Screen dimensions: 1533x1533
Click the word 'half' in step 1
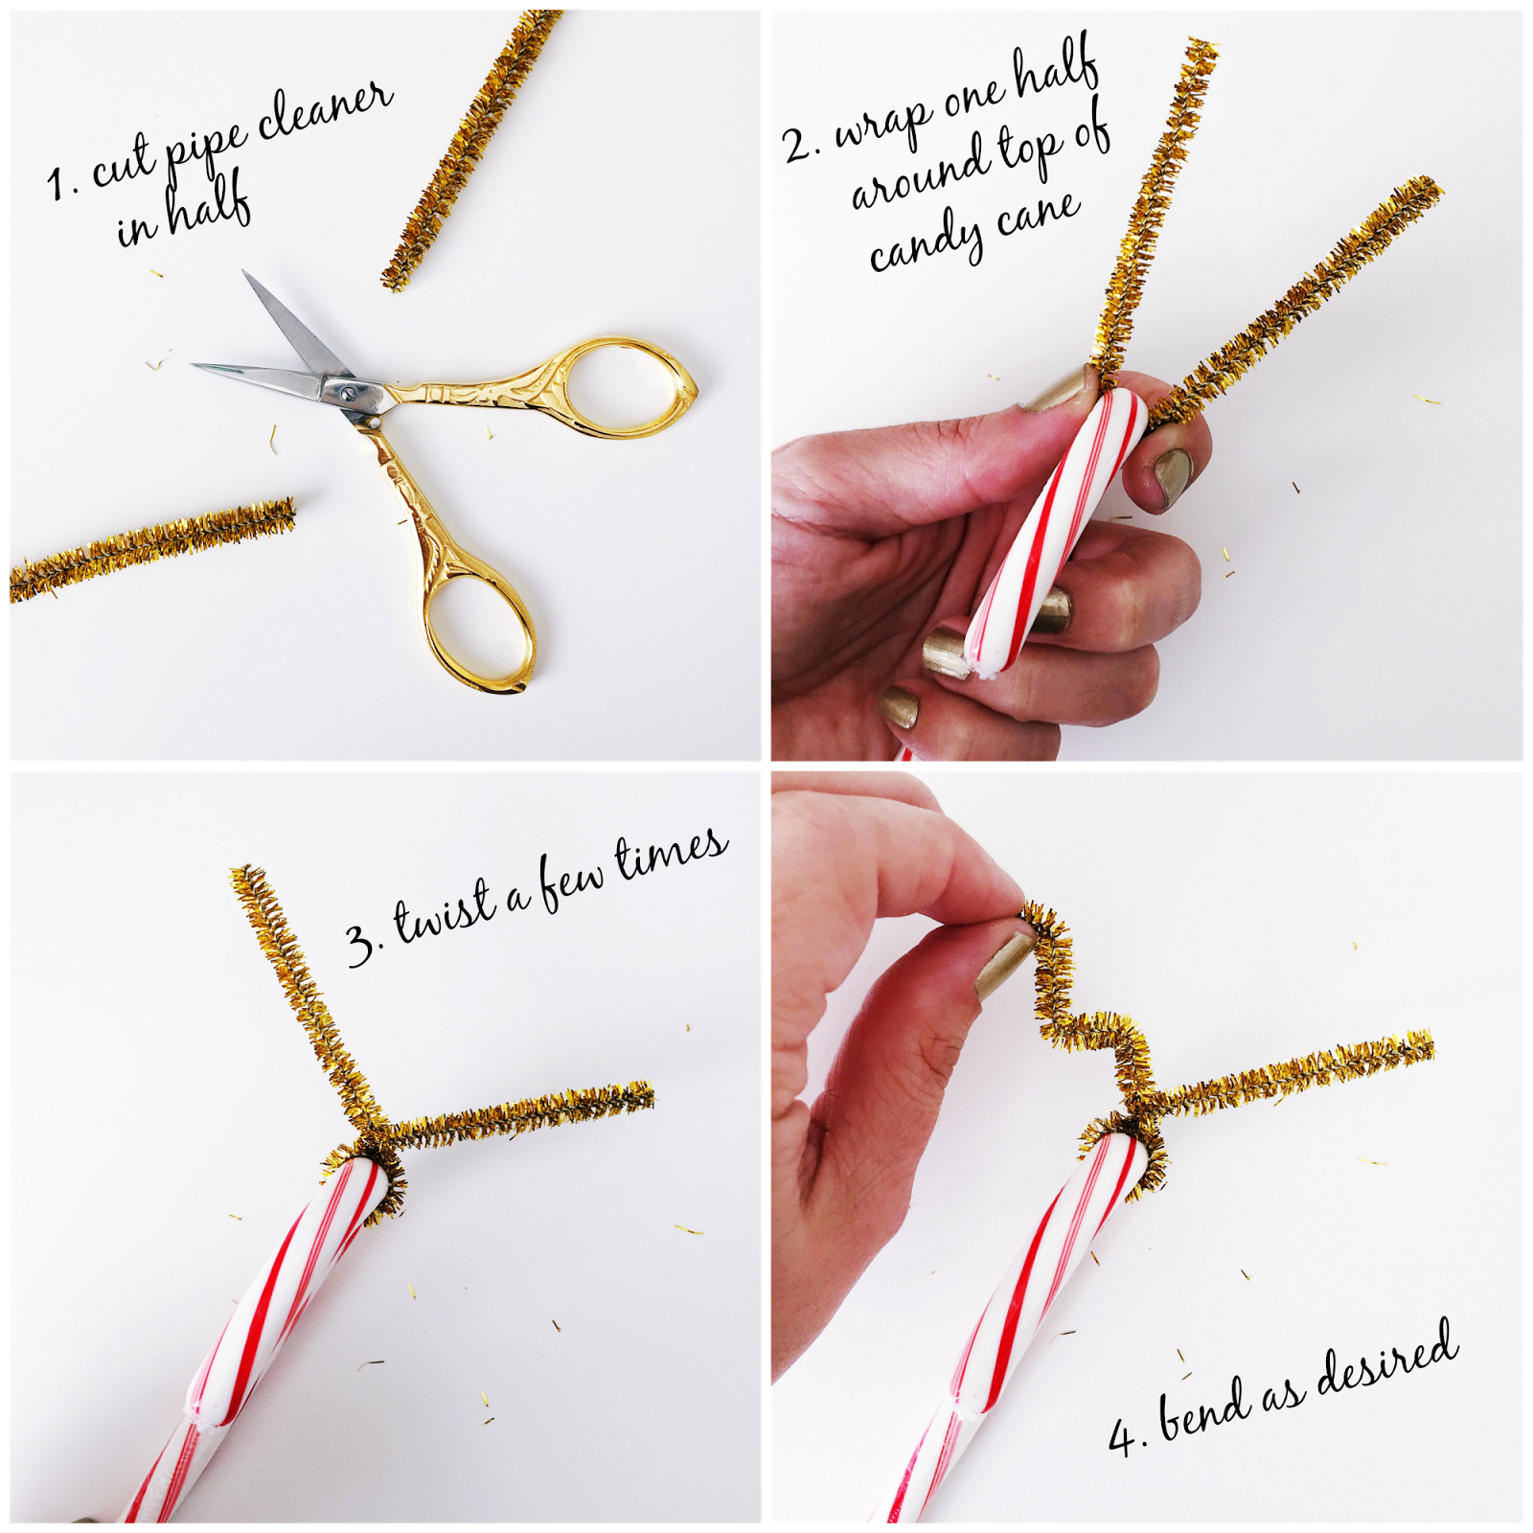click(x=208, y=204)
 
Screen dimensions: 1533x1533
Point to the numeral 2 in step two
click(x=798, y=145)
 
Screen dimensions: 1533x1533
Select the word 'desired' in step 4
click(x=1388, y=1355)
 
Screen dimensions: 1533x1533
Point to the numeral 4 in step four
click(x=1121, y=1437)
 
